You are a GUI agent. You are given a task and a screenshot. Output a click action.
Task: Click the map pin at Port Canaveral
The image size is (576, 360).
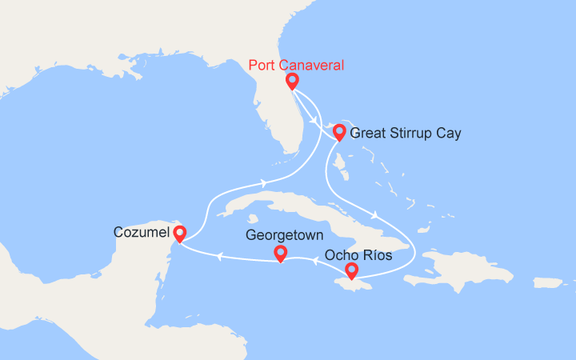pos(292,81)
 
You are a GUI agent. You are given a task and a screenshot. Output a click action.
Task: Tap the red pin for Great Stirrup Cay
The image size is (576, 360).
pos(339,132)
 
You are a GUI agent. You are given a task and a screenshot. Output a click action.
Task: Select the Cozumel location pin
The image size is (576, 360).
pos(180,233)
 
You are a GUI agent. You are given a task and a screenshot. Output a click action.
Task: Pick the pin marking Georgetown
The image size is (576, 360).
pos(280,253)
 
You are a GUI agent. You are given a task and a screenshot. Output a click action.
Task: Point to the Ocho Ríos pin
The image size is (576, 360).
pos(351,271)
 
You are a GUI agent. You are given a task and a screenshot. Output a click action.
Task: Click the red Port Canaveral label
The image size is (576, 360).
pos(296,65)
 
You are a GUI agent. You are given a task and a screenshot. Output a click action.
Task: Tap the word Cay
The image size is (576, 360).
pos(447,134)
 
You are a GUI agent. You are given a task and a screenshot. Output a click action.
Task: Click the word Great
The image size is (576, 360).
pos(368,134)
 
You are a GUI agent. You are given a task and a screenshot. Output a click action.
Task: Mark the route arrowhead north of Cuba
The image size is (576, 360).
pos(263,183)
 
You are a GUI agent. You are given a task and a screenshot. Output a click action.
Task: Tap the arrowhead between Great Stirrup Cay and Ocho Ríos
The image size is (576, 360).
pos(374,213)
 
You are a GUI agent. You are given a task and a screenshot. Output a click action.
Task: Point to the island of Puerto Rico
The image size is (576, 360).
pos(548,282)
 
